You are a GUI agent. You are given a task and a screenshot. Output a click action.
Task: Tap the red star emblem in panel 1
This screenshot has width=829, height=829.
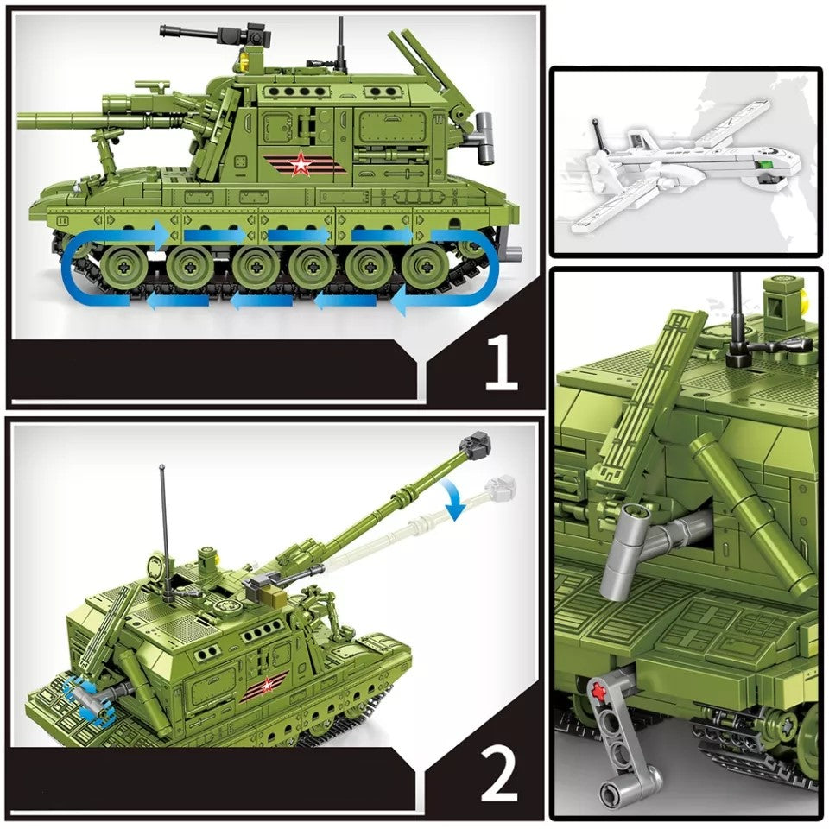click(300, 164)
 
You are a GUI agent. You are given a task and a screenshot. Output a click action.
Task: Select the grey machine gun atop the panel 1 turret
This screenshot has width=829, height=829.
click(207, 35)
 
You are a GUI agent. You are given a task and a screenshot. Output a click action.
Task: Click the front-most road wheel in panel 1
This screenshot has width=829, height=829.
click(118, 266)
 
